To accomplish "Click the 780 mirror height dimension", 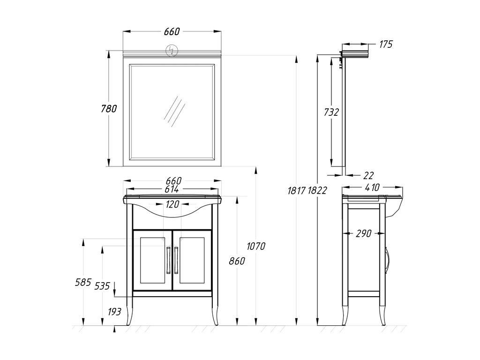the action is (x=109, y=109).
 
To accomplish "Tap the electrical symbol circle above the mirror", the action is (x=172, y=51).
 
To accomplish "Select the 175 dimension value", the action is (x=386, y=45).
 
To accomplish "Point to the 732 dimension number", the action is (x=331, y=112).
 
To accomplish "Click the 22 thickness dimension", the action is (x=368, y=175).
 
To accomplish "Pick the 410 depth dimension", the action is (x=372, y=187).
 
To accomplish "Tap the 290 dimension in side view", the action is (x=364, y=233).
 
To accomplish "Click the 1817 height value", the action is (x=297, y=191).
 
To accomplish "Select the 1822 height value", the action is (x=317, y=191).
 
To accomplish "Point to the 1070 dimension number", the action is (x=256, y=246).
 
